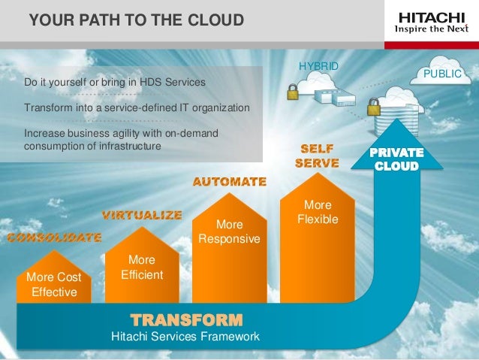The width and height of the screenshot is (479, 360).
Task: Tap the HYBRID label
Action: pyautogui.click(x=318, y=67)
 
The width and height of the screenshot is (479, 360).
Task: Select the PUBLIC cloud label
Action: pyautogui.click(x=442, y=74)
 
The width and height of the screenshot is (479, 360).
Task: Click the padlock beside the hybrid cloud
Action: pyautogui.click(x=292, y=91)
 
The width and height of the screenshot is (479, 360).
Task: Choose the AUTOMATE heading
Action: pyautogui.click(x=230, y=182)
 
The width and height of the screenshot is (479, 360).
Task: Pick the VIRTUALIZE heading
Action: pyautogui.click(x=142, y=215)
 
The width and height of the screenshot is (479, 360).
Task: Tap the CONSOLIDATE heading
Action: pyautogui.click(x=54, y=237)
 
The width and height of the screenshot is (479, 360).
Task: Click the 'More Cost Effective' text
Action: pyautogui.click(x=53, y=285)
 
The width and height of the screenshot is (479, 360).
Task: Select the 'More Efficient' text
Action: pyautogui.click(x=142, y=268)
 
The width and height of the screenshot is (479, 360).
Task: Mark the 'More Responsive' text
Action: pyautogui.click(x=229, y=232)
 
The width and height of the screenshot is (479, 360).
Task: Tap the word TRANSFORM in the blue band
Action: pyautogui.click(x=186, y=318)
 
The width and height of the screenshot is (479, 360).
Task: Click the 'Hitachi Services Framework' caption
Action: pyautogui.click(x=185, y=336)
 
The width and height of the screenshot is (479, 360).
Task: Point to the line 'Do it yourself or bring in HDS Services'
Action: pyautogui.click(x=115, y=81)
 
